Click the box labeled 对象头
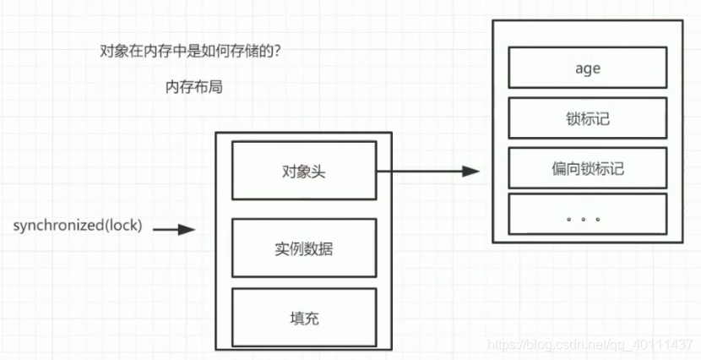pyautogui.click(x=303, y=172)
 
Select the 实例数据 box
pyautogui.click(x=303, y=248)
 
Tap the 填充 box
pyautogui.click(x=303, y=318)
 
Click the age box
pyautogui.click(x=587, y=68)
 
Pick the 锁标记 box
pyautogui.click(x=587, y=118)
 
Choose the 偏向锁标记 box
pyautogui.click(x=587, y=168)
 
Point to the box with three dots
pyautogui.click(x=587, y=218)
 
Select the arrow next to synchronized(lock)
pyautogui.click(x=175, y=228)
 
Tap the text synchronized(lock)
pyautogui.click(x=78, y=227)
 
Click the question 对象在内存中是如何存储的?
pyautogui.click(x=190, y=51)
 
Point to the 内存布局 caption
pyautogui.click(x=194, y=86)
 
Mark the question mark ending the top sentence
pyautogui.click(x=278, y=51)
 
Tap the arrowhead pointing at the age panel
pyautogui.click(x=471, y=172)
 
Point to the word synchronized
pyautogui.click(x=58, y=227)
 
